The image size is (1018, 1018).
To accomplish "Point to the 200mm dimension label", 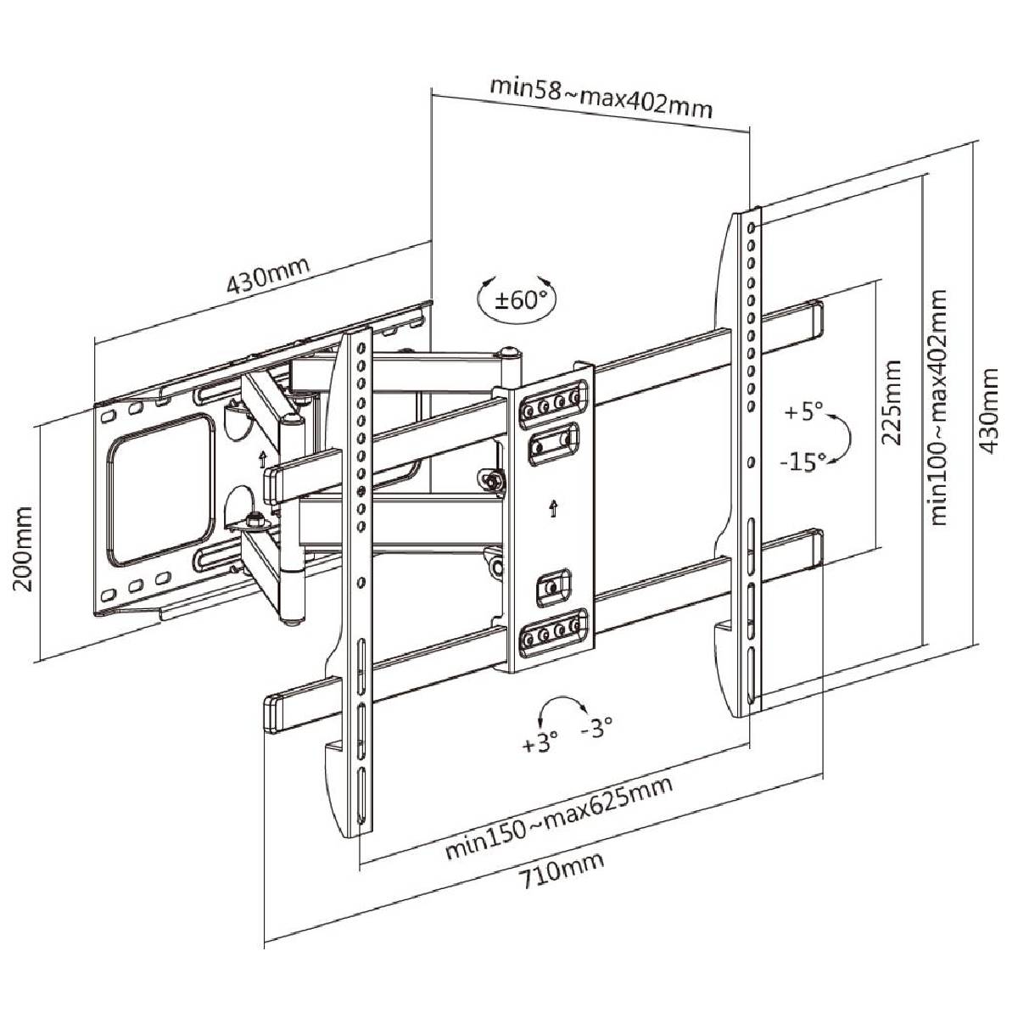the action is tap(22, 550).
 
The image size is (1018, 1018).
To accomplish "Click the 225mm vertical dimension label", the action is tap(891, 403).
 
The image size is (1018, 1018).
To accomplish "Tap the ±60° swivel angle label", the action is tap(520, 300).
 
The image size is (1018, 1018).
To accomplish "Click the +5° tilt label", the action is tap(803, 411).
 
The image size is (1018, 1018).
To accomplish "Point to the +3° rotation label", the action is tap(540, 743).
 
